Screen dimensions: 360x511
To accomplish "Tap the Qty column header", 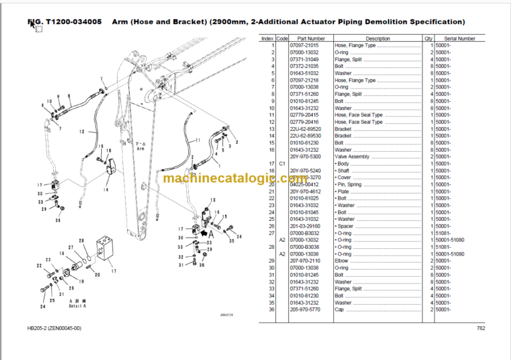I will click(428, 39).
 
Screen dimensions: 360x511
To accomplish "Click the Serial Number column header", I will click(460, 39).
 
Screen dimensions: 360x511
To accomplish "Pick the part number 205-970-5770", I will click(311, 310).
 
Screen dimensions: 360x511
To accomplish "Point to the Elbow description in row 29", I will click(342, 261).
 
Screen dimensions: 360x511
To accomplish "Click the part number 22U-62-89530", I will click(311, 136).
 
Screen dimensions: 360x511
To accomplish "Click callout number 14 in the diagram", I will click(106, 190).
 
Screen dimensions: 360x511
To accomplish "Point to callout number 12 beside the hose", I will click(82, 132).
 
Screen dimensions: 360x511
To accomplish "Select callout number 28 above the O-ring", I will click(81, 240).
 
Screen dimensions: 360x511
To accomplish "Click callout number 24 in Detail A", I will click(43, 307).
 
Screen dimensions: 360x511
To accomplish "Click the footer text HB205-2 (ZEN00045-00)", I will click(55, 327).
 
